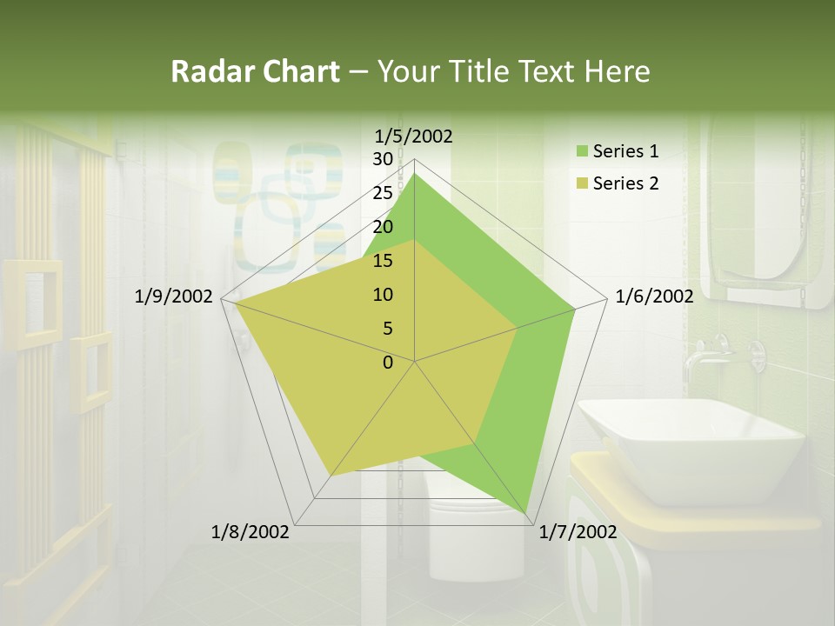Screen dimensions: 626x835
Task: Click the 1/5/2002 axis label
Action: click(414, 136)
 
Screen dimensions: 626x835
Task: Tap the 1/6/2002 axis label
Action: click(654, 296)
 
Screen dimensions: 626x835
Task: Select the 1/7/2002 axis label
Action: click(578, 532)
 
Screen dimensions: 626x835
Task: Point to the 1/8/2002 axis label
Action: click(250, 532)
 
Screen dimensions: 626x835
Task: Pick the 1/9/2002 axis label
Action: click(174, 296)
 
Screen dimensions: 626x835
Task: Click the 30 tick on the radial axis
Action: click(383, 159)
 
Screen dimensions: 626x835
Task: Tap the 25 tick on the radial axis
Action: click(383, 193)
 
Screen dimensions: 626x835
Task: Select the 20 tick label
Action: click(383, 227)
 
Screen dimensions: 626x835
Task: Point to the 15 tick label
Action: click(383, 261)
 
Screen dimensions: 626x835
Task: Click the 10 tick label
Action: click(383, 295)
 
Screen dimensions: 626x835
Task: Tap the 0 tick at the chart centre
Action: click(388, 363)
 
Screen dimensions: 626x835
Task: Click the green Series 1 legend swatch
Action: click(582, 152)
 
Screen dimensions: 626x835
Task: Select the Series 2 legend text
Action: click(625, 183)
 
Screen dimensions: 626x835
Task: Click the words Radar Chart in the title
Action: click(255, 72)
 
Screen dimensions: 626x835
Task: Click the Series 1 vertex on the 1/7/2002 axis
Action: click(527, 512)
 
